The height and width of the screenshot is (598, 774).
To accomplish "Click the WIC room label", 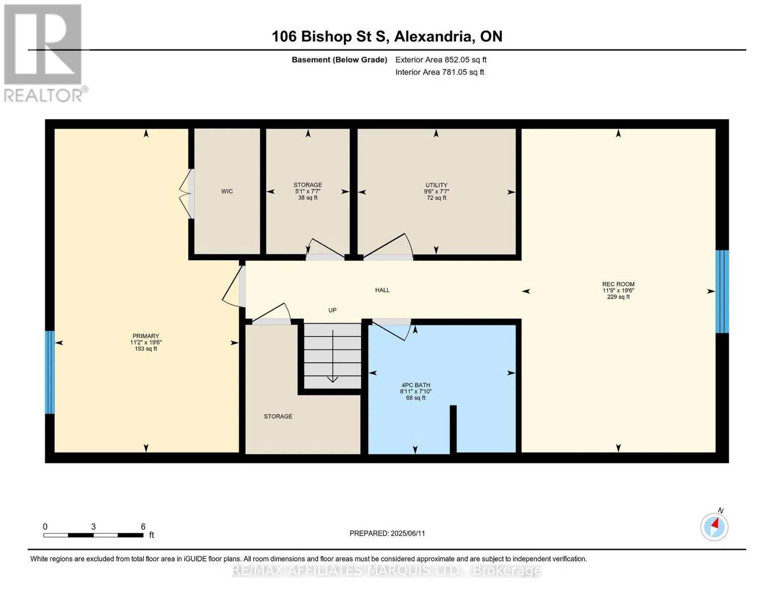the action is (x=227, y=191).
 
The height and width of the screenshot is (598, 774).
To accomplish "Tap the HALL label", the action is (x=382, y=290).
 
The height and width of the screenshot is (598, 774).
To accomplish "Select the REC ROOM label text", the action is (x=619, y=284).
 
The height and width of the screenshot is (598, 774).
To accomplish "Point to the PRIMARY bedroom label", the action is (x=146, y=336).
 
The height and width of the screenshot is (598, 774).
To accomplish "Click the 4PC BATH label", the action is (x=416, y=385).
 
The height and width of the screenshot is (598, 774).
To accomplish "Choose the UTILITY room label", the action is (x=436, y=185).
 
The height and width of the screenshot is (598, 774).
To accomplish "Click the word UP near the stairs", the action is (x=332, y=310).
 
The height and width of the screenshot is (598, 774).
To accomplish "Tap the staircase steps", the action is (x=332, y=356).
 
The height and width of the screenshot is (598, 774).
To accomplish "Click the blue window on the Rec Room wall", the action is (x=722, y=292).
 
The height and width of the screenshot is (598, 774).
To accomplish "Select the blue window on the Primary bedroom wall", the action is (x=50, y=372).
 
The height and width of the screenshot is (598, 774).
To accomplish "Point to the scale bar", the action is (x=93, y=535).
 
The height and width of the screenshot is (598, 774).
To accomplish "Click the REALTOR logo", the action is (x=43, y=53).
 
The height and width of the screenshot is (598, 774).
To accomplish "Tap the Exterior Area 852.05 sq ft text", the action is (x=441, y=60).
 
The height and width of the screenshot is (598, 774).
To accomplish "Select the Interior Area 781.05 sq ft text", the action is (x=440, y=72).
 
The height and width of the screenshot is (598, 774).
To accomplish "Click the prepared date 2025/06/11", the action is (x=408, y=533).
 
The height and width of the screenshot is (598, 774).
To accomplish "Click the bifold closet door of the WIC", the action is (x=186, y=194).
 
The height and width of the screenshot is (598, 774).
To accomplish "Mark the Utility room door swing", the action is (x=388, y=245).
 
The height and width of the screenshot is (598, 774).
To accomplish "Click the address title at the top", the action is (x=387, y=36).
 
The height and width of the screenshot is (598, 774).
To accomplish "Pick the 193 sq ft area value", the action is (x=146, y=349).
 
